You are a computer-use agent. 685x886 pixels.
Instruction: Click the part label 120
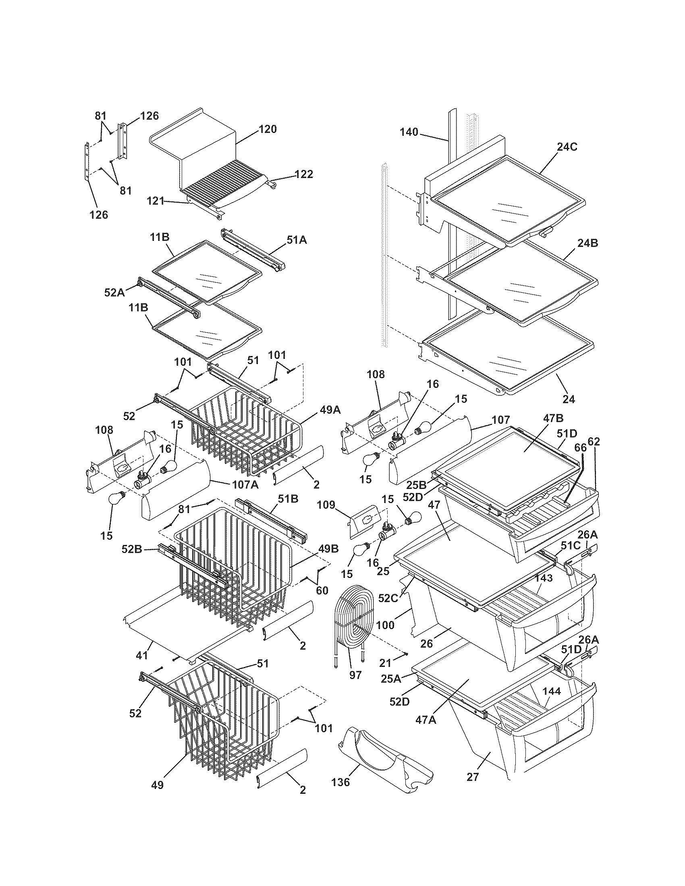(x=268, y=129)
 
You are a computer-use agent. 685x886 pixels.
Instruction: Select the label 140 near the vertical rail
(x=409, y=132)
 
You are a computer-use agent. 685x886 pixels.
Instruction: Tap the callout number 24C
(x=567, y=147)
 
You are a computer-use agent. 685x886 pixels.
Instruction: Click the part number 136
(x=340, y=782)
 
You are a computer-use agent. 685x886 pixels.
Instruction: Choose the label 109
(x=326, y=505)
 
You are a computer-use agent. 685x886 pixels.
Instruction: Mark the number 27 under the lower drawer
(x=473, y=776)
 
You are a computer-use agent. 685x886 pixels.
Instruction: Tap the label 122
(x=303, y=174)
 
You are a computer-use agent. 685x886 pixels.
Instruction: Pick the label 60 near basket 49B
(x=322, y=591)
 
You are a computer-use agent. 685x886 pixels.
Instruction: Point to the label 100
(x=385, y=625)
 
